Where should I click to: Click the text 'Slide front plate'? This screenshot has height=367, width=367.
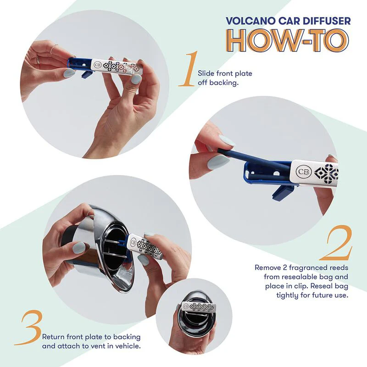[225, 73]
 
